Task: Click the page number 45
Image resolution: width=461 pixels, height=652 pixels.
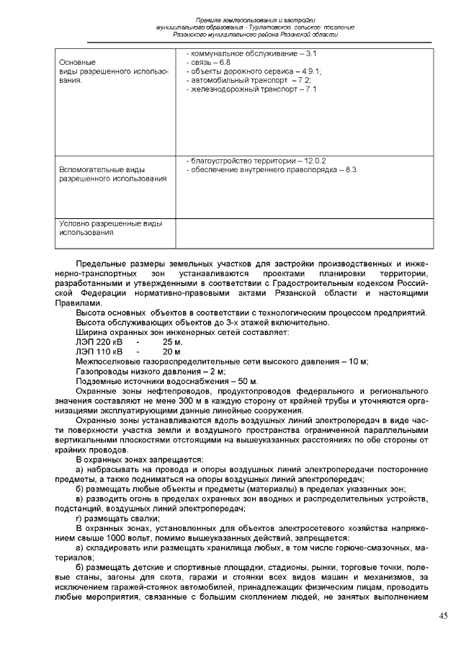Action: pyautogui.click(x=443, y=615)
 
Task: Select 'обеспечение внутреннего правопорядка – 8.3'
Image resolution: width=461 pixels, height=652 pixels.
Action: pyautogui.click(x=272, y=169)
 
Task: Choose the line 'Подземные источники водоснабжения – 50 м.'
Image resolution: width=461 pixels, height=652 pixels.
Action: pyautogui.click(x=166, y=380)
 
